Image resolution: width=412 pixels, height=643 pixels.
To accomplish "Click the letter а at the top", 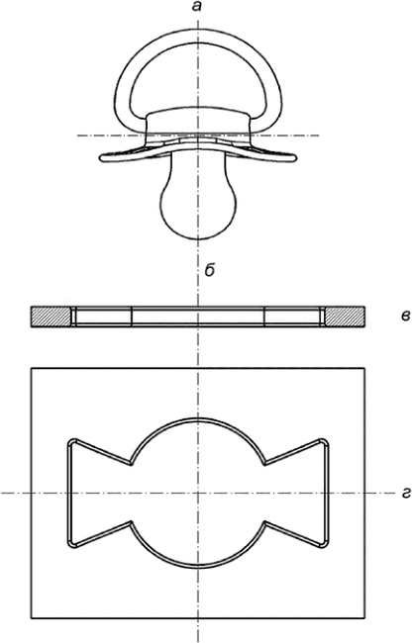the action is pyautogui.click(x=198, y=7).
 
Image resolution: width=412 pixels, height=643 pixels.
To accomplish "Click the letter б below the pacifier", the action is pyautogui.click(x=210, y=270).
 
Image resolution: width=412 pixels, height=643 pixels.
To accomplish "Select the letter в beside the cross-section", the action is pyautogui.click(x=403, y=316).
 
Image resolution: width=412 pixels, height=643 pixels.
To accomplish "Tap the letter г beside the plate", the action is pyautogui.click(x=405, y=495).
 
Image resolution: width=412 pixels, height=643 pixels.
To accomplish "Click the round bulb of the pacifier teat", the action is pyautogui.click(x=199, y=210).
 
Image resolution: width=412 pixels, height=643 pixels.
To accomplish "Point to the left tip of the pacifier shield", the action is pyautogui.click(x=101, y=157).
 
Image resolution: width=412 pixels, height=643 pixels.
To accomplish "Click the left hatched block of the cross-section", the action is pyautogui.click(x=51, y=317).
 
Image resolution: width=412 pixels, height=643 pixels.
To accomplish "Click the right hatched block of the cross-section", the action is pyautogui.click(x=345, y=317).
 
